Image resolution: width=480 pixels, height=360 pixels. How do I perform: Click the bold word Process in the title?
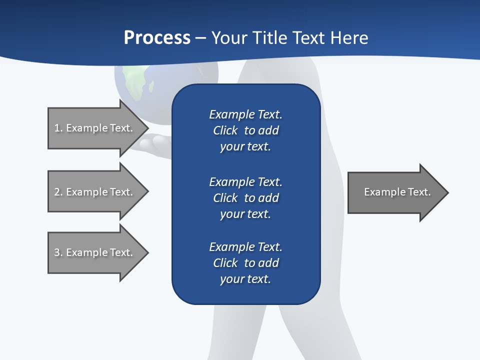157,38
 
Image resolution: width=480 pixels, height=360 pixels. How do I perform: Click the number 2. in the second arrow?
58,192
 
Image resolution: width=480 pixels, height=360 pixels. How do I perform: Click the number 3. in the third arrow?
58,252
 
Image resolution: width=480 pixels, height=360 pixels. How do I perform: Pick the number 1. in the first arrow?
58,128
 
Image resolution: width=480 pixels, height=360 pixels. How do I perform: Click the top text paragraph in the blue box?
245,130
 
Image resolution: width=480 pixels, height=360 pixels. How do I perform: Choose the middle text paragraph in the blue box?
245,198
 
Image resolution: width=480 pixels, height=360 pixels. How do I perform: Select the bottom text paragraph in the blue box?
245,263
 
